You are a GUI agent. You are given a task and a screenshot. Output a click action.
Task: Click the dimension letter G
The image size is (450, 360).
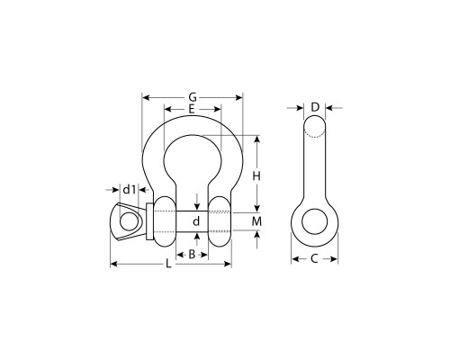[193, 97]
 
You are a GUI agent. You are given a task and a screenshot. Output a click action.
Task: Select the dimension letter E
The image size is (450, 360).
[192, 109]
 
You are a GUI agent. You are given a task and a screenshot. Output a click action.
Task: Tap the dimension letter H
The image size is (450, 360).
[256, 176]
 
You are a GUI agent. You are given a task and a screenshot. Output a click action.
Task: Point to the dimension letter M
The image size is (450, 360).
[256, 221]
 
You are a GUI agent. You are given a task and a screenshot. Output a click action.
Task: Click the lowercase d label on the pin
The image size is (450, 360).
[196, 221]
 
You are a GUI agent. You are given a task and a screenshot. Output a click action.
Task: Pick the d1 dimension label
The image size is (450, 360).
[130, 189]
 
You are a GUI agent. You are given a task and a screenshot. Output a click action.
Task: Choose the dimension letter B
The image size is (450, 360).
[192, 255]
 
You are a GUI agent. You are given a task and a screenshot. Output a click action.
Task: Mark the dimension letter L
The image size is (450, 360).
[168, 264]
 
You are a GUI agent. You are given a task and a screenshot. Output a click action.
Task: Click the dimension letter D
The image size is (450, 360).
[315, 107]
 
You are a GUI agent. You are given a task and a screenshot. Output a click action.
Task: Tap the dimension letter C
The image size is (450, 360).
[314, 258]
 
